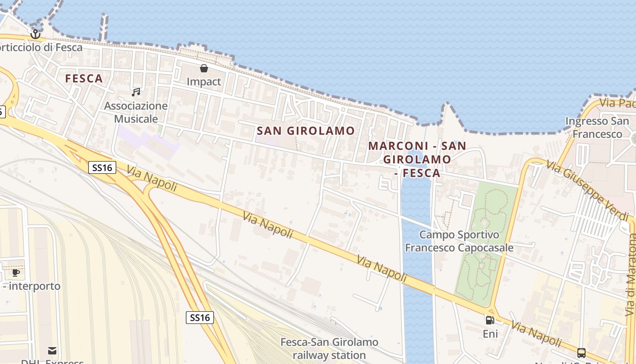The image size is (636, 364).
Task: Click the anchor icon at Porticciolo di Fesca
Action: (35, 34)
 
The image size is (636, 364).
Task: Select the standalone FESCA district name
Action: (84, 79)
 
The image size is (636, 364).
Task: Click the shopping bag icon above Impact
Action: (204, 69)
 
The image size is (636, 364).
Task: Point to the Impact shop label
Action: (204, 82)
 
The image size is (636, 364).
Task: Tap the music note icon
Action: (135, 92)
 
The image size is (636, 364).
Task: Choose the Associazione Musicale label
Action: (136, 112)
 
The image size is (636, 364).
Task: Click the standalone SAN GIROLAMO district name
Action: (306, 131)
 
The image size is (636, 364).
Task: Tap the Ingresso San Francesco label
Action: (597, 127)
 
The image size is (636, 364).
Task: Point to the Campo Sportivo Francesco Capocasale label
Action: (459, 241)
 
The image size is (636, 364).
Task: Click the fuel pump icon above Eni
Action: (490, 320)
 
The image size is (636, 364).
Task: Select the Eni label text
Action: (490, 334)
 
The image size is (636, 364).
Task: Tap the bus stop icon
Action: (581, 353)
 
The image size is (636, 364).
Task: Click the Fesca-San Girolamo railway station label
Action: (329, 349)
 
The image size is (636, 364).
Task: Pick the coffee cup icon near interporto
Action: (16, 273)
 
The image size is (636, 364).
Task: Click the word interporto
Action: (35, 286)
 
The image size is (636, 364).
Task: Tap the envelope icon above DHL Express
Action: (52, 351)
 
